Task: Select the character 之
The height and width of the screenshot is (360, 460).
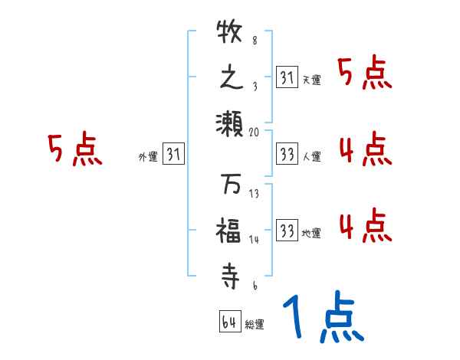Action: click(x=230, y=78)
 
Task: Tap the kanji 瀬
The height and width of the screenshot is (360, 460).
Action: click(x=230, y=121)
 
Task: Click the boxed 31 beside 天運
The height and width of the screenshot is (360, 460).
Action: click(x=287, y=77)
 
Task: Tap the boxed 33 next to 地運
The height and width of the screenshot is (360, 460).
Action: click(x=287, y=230)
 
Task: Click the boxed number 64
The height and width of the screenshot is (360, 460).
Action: click(x=228, y=322)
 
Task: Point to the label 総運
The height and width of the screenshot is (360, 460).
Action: click(x=255, y=324)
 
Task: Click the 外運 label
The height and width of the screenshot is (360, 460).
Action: click(x=147, y=157)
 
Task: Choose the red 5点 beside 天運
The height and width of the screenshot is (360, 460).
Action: click(x=365, y=74)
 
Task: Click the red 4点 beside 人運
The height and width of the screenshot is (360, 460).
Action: click(x=365, y=149)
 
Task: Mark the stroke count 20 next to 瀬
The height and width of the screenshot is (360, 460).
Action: click(x=255, y=132)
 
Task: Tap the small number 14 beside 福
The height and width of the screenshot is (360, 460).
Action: click(x=255, y=240)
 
